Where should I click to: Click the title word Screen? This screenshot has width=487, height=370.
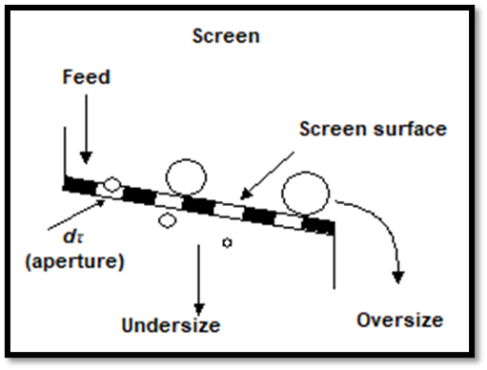(x=226, y=36)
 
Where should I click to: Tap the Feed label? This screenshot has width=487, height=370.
(x=86, y=77)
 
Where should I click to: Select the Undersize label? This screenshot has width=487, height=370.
(x=171, y=325)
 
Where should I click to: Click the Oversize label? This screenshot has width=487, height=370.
(x=400, y=319)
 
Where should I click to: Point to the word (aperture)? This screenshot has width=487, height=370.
(x=74, y=261)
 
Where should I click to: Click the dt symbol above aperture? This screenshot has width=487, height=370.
(x=73, y=236)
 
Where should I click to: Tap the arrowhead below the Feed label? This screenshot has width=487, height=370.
(x=86, y=158)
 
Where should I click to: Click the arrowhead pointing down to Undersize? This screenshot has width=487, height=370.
(x=199, y=310)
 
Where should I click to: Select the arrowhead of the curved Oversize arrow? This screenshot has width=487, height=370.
(x=398, y=277)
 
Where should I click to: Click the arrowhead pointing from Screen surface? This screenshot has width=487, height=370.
(x=246, y=194)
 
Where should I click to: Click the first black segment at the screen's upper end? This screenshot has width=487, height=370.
(x=80, y=185)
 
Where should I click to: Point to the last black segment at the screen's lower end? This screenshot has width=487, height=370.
(x=318, y=226)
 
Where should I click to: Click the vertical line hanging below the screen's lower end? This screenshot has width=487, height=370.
(x=334, y=261)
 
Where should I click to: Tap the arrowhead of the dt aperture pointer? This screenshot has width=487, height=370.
(x=100, y=203)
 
